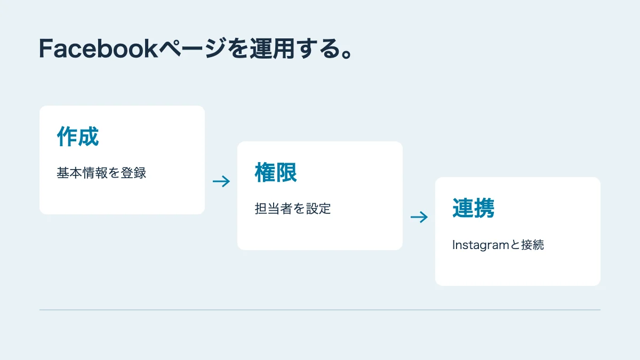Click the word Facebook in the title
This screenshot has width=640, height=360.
[99, 49]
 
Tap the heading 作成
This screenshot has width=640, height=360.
[78, 137]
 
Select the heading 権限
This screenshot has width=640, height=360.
[276, 172]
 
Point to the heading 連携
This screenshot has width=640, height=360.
[474, 208]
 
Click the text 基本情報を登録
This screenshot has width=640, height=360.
[101, 173]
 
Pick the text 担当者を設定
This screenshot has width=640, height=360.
[293, 209]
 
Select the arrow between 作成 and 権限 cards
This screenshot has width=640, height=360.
[221, 181]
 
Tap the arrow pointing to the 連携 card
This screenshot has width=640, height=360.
[419, 217]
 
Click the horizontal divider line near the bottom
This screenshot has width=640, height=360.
[320, 310]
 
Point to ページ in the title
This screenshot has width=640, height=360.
[193, 49]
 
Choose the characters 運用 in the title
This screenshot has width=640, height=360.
[273, 49]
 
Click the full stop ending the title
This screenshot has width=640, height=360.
[347, 54]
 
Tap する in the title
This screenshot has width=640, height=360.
[318, 49]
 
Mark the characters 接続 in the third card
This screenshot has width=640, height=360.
[532, 245]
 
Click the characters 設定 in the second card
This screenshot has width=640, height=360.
[318, 209]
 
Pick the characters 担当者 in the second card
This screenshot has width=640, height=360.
[274, 209]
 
